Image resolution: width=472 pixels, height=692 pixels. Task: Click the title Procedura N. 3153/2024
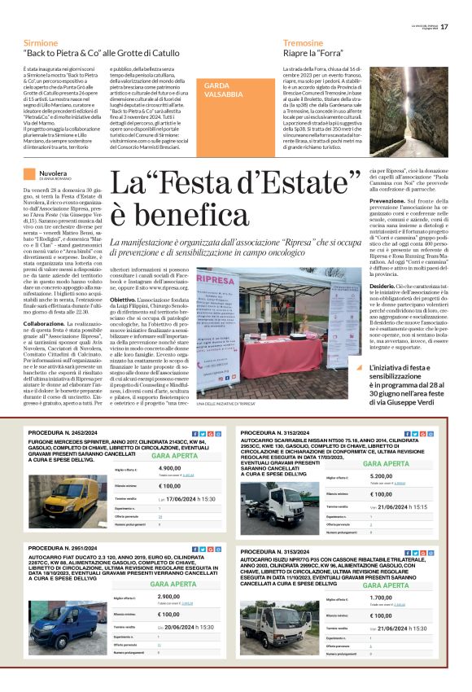pyautogui.click(x=275, y=551)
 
